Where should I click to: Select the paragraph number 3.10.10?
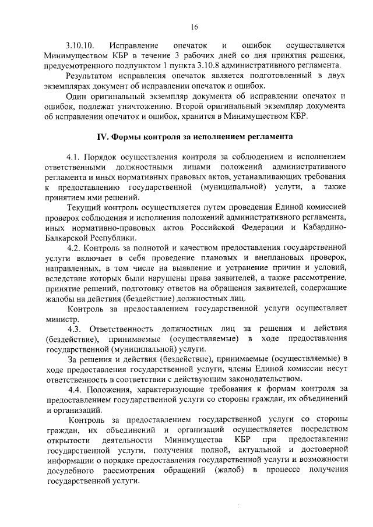click(x=81, y=45)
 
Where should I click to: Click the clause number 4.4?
click(x=77, y=389)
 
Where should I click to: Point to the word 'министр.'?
click(x=61, y=319)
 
